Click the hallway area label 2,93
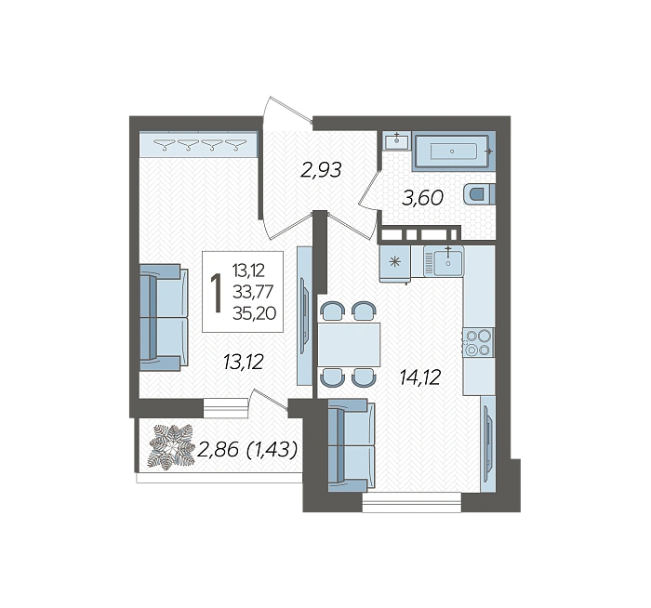coord(321,170)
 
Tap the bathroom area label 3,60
coord(422,198)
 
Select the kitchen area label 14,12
coord(419,377)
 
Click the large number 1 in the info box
coord(216,292)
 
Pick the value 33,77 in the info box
coord(253,292)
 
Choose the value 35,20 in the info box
coord(255,313)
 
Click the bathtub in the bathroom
coord(455,151)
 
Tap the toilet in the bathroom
coord(479,193)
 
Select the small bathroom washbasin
coord(396,140)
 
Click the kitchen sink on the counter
coord(444,261)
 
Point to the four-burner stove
coord(478,342)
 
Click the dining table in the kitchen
coord(349,344)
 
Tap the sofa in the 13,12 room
coord(164,318)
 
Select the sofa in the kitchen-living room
coord(352,445)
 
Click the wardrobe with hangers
coord(198,144)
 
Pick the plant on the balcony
coord(171,447)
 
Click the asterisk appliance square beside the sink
coord(395,262)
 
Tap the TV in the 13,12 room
coord(304,315)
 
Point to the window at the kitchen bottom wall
coord(411,502)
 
